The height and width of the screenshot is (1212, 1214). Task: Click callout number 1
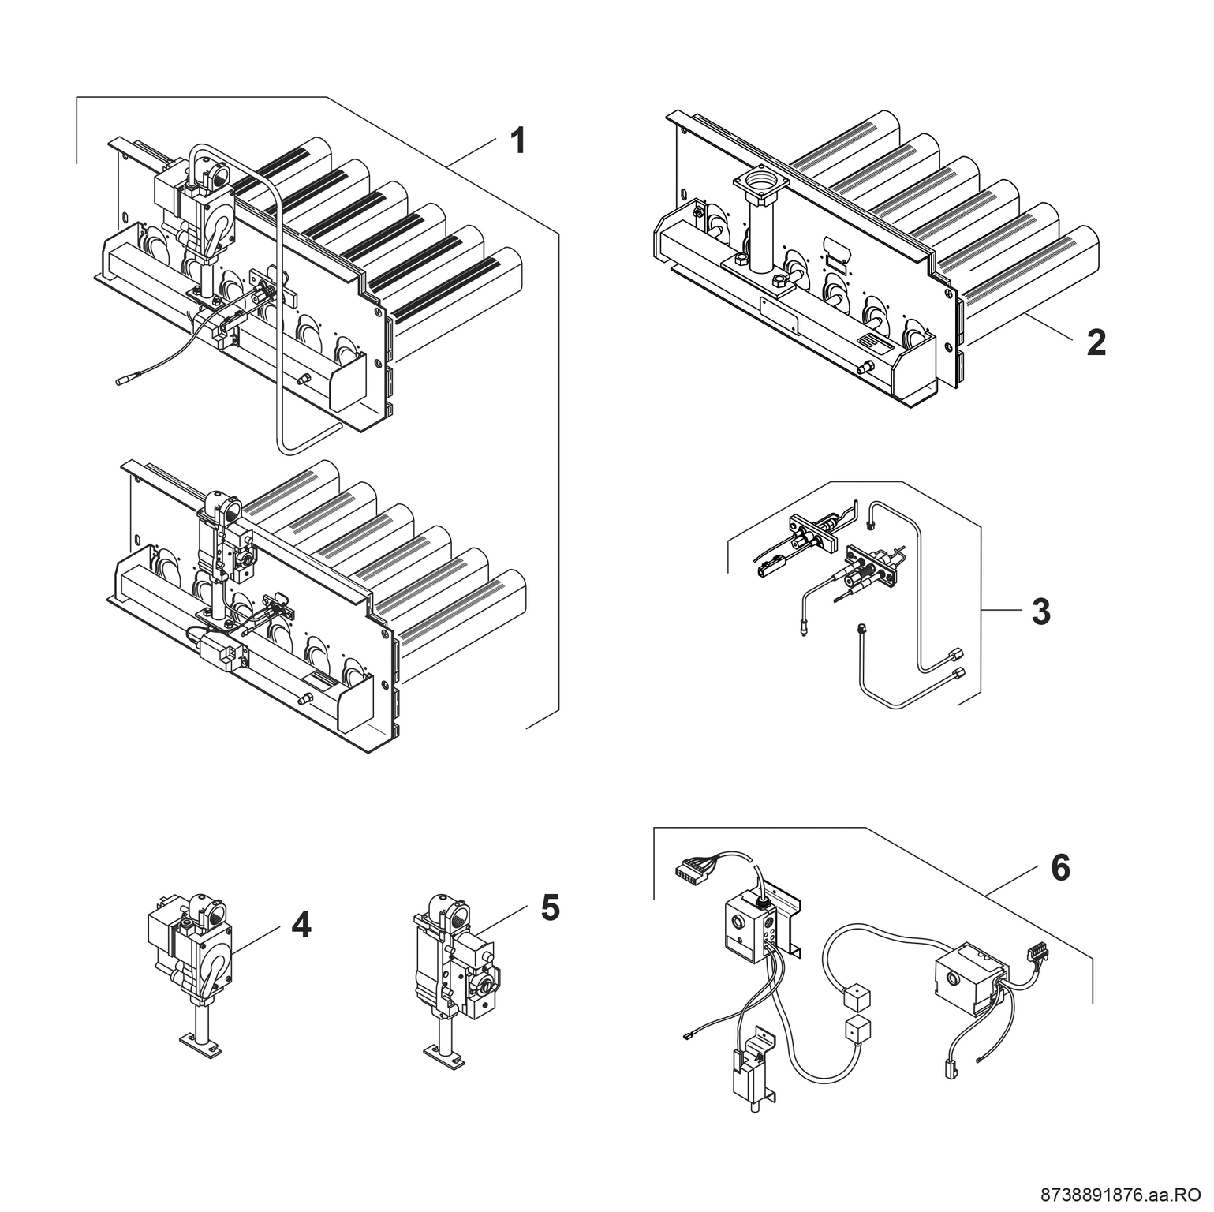point(517,141)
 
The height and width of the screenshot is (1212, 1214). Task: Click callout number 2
point(1096,342)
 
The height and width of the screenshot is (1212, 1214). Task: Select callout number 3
point(1041,612)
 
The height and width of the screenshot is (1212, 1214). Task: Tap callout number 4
point(301,925)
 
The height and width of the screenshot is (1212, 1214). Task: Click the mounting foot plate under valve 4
point(196,1050)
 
